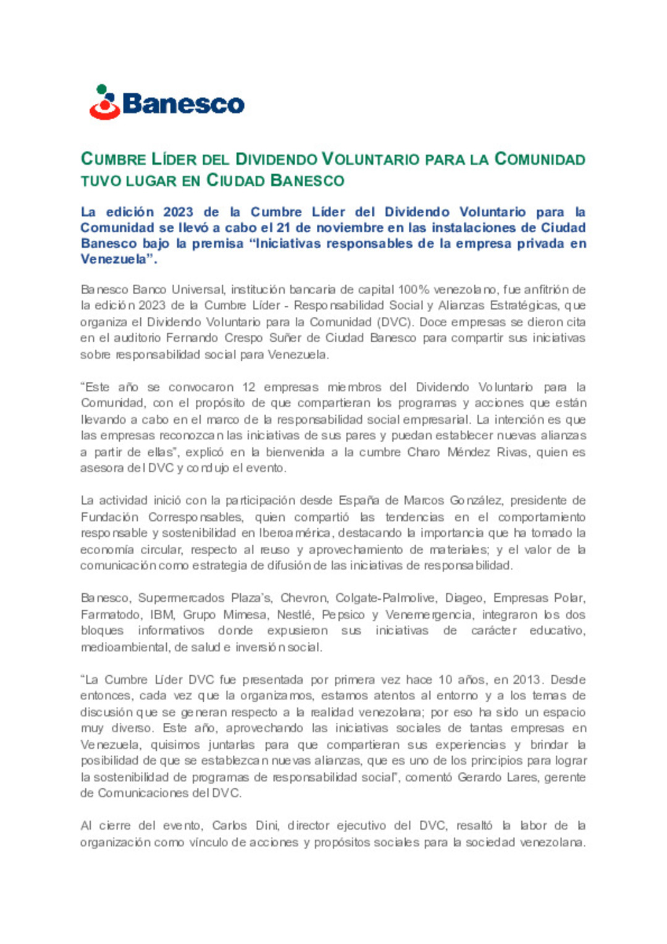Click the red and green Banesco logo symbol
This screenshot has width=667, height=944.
pyautogui.click(x=104, y=103)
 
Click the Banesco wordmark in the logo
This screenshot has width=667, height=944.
pyautogui.click(x=183, y=104)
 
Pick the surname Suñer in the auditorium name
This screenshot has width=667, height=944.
pyautogui.click(x=286, y=338)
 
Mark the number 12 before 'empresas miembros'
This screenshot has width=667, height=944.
pyautogui.click(x=248, y=387)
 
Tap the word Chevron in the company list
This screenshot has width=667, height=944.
pyautogui.click(x=303, y=598)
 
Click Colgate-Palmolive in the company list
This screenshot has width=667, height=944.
pyautogui.click(x=382, y=598)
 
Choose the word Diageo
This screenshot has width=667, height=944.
pyautogui.click(x=464, y=598)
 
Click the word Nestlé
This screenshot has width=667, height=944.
pyautogui.click(x=294, y=615)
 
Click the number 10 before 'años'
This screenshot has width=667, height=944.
pyautogui.click(x=445, y=680)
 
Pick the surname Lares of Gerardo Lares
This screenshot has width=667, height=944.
pyautogui.click(x=522, y=777)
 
